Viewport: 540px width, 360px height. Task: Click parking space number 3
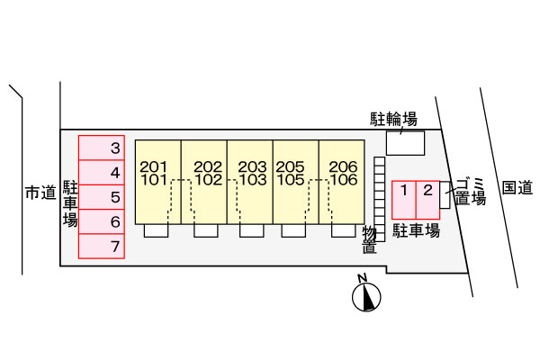[x=101, y=148]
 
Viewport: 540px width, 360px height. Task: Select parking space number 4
[x=101, y=172]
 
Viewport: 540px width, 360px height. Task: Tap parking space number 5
[x=101, y=197]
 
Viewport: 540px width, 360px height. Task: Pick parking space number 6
[x=101, y=221]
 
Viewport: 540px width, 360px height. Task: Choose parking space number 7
[x=101, y=246]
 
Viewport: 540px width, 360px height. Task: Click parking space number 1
[x=404, y=200]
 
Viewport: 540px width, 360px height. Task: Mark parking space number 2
[x=427, y=200]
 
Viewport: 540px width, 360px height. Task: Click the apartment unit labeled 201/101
[x=158, y=182]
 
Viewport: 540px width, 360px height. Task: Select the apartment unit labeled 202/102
[x=204, y=182]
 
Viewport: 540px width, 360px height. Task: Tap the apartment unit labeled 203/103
[x=250, y=182]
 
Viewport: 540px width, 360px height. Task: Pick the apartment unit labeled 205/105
[x=296, y=182]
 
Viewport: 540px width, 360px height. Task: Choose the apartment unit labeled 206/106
[x=342, y=182]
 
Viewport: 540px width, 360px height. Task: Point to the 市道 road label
[x=40, y=193]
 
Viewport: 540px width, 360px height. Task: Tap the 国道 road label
[x=517, y=188]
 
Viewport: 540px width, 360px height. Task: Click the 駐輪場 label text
[x=393, y=119]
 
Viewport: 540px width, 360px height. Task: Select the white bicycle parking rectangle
[x=405, y=143]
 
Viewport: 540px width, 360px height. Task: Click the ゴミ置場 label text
[x=471, y=192]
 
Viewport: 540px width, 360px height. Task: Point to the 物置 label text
[x=369, y=240]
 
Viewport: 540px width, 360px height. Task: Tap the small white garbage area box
[x=445, y=195]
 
